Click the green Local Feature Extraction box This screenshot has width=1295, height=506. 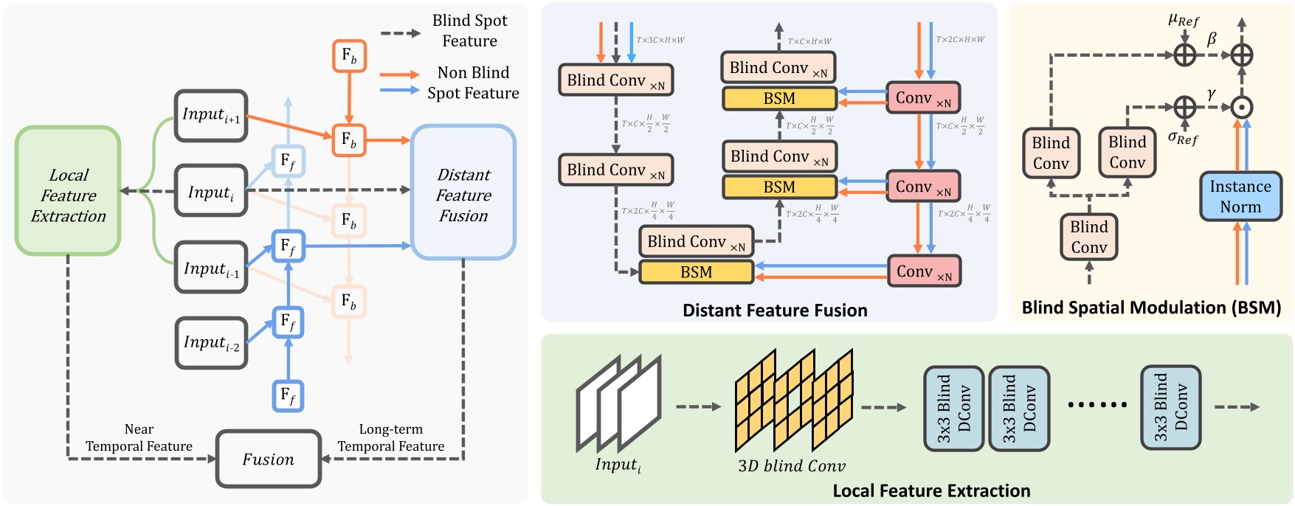pyautogui.click(x=68, y=191)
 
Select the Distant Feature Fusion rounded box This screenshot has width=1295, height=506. pyautogui.click(x=463, y=193)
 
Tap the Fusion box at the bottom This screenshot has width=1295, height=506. pyautogui.click(x=269, y=459)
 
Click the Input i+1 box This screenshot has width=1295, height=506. pyautogui.click(x=211, y=116)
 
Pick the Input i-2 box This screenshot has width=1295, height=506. pyautogui.click(x=211, y=343)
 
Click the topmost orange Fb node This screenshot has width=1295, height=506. pyautogui.click(x=349, y=56)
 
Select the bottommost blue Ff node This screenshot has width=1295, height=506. pyautogui.click(x=288, y=395)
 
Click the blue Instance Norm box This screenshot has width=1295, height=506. pyautogui.click(x=1240, y=196)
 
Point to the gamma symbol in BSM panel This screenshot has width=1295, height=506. pyautogui.click(x=1212, y=94)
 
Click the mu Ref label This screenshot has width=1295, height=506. pyautogui.click(x=1184, y=19)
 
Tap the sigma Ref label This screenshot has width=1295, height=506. pyautogui.click(x=1183, y=138)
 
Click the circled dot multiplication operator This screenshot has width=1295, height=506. pyautogui.click(x=1242, y=108)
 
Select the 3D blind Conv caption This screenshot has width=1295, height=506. pyautogui.click(x=792, y=466)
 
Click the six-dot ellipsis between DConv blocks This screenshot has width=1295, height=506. pyautogui.click(x=1097, y=404)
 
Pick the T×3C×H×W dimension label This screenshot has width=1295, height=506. pyautogui.click(x=660, y=40)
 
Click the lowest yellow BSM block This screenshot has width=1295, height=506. pyautogui.click(x=696, y=272)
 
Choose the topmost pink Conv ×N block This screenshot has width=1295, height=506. pyautogui.click(x=922, y=98)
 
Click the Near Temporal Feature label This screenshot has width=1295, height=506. pyautogui.click(x=139, y=437)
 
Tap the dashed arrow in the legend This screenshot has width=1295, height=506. pyautogui.click(x=400, y=33)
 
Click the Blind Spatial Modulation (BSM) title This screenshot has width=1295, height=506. pyautogui.click(x=1151, y=308)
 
